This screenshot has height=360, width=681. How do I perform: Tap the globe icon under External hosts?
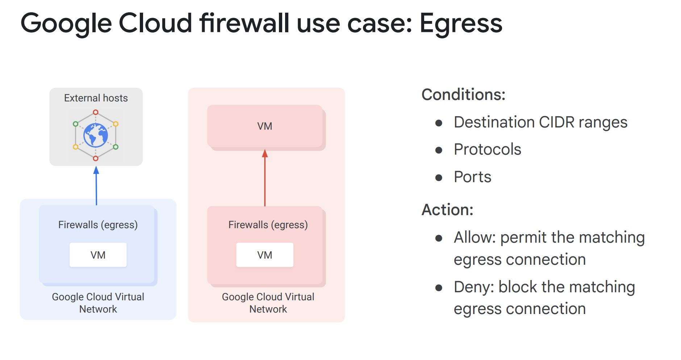[96, 135]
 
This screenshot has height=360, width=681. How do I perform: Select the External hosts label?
[96, 98]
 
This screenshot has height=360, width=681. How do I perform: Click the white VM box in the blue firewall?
[98, 255]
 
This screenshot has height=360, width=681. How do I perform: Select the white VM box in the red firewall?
[265, 255]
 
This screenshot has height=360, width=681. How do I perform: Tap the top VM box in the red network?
[265, 126]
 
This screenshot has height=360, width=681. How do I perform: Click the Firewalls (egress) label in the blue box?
[98, 225]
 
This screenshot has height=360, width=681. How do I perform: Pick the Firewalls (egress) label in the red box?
[268, 225]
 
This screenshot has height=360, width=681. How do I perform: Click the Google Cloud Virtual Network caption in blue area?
[98, 303]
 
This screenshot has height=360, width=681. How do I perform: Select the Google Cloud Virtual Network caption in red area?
[268, 303]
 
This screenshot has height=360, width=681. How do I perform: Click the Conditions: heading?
[463, 95]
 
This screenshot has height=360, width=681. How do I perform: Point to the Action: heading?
[447, 210]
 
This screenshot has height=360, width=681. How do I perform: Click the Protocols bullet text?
[487, 150]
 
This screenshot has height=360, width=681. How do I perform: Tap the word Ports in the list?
[472, 177]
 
